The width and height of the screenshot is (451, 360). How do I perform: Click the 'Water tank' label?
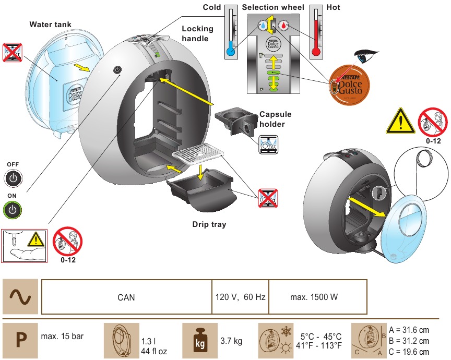pos(51,24)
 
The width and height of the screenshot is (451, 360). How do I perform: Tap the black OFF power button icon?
pos(13,178)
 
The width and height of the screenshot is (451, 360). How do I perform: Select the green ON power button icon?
pos(13,210)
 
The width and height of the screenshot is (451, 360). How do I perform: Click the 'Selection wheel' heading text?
pos(274,7)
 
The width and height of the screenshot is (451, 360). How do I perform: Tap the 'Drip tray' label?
pos(208,225)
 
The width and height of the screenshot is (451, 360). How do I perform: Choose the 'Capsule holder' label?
pos(275,119)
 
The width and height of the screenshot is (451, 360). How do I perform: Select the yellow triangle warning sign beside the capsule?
pos(399,123)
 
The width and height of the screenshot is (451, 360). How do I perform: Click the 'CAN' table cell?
pos(126,297)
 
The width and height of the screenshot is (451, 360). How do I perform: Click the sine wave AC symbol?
pos(20,297)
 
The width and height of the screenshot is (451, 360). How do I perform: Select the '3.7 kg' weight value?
pos(231,342)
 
